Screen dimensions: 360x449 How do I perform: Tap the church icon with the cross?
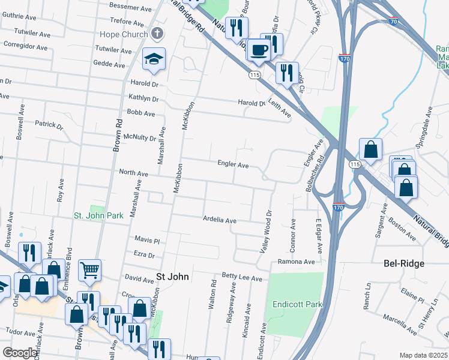(x=157, y=34)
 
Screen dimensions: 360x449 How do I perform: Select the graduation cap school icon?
(x=154, y=59)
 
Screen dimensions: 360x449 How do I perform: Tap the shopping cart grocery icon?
(x=89, y=271)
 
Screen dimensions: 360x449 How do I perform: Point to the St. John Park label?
(x=98, y=215)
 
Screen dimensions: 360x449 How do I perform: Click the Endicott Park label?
(x=297, y=305)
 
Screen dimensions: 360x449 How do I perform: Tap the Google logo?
(x=19, y=353)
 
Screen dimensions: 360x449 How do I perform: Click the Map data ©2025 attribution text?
(x=423, y=355)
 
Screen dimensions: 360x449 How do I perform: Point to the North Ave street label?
(x=133, y=173)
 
